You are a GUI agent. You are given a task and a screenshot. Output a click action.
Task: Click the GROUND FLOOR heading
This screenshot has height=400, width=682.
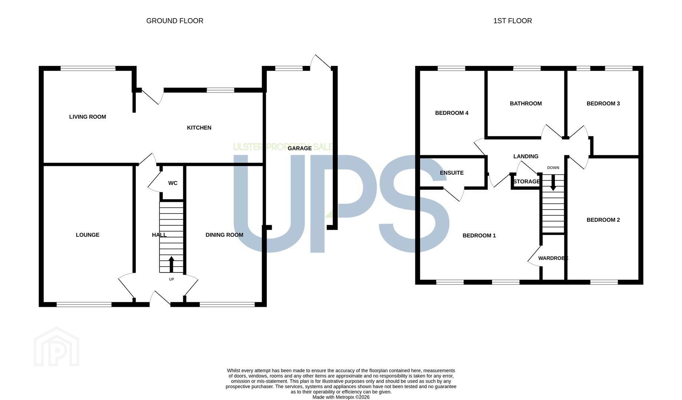[175, 21]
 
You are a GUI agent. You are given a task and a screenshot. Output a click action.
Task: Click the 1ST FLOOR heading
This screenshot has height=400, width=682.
[513, 21]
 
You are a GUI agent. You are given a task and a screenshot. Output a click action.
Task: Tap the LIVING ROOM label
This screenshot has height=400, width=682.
[88, 117]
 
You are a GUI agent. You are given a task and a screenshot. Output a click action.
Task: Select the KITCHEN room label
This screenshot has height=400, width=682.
[199, 128]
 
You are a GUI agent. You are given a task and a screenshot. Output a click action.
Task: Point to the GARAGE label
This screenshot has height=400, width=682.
[300, 149]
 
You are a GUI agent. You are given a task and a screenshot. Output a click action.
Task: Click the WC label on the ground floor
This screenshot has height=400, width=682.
[173, 183]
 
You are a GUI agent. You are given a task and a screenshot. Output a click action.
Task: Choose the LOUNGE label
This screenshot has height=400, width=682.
[88, 235]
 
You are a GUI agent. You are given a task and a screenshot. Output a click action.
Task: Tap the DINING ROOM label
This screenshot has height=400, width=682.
[224, 235]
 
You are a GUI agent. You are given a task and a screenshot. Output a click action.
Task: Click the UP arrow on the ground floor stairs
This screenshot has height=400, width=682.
[171, 264]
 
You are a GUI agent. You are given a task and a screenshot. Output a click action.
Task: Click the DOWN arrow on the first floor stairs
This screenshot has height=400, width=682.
[553, 183]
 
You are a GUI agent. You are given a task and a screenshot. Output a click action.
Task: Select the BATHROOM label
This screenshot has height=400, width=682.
[526, 104]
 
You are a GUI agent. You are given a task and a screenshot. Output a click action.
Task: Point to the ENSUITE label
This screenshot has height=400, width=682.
[452, 173]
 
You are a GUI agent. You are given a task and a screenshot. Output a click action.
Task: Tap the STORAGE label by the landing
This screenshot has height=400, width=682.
[527, 181]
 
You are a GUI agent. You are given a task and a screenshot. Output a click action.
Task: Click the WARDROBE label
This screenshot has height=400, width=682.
[553, 258]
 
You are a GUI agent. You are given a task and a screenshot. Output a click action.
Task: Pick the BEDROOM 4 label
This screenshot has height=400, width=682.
[452, 113]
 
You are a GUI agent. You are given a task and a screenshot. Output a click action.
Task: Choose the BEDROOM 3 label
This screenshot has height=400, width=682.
[603, 104]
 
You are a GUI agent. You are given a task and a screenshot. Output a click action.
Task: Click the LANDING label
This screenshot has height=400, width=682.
[526, 156]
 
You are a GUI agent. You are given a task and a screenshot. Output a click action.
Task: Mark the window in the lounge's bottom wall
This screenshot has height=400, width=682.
[84, 304]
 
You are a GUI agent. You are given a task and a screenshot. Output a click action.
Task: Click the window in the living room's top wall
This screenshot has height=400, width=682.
[88, 68]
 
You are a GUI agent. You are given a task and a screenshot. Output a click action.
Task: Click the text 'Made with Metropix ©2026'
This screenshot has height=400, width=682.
[341, 397]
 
